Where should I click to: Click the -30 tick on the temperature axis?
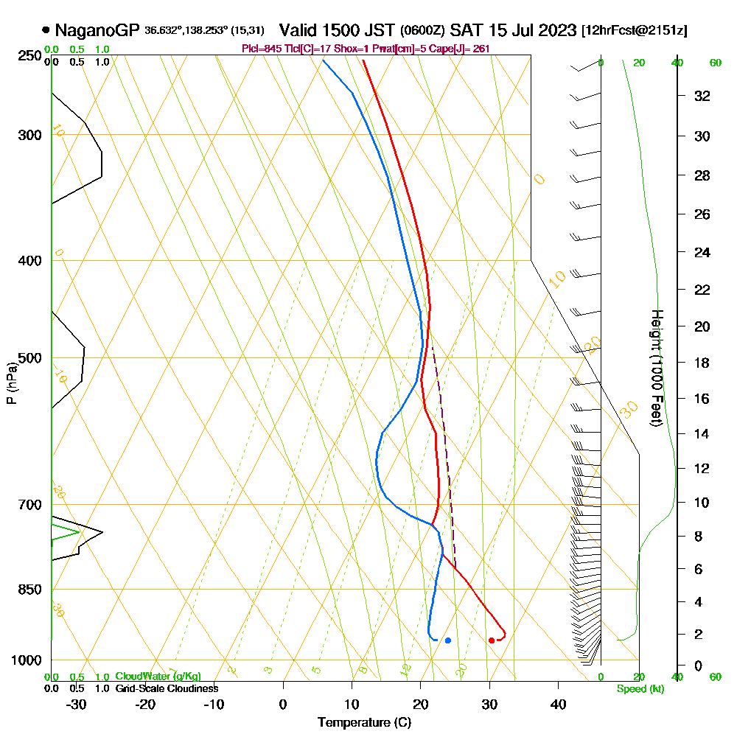tap(77, 704)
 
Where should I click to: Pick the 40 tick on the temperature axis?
tap(558, 704)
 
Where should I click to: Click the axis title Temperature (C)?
tap(364, 723)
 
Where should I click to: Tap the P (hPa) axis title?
tap(11, 383)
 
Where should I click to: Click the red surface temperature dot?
tap(492, 640)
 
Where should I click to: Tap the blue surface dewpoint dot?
tap(447, 640)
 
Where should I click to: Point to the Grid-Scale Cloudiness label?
tap(166, 688)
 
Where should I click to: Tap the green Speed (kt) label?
tap(638, 688)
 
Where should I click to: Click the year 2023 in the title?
tap(557, 30)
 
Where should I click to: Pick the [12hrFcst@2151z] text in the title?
tap(634, 30)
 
